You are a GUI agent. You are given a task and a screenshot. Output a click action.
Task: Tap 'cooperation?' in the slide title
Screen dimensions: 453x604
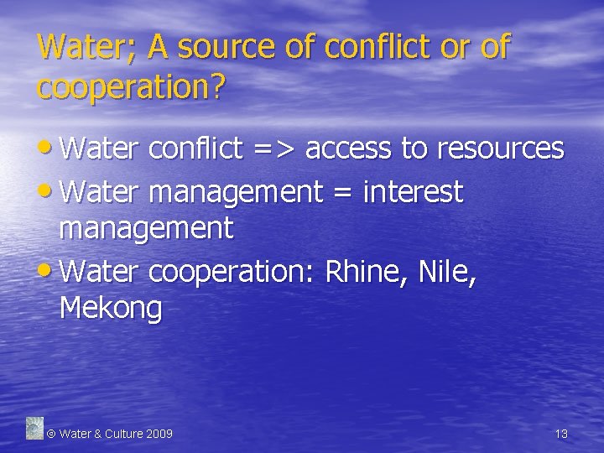point(131,86)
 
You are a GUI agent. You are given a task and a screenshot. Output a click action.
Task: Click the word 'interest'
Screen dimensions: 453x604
point(413,192)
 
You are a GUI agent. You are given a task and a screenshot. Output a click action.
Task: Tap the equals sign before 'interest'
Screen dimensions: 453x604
point(342,193)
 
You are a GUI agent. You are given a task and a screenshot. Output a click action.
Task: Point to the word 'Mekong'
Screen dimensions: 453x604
point(111,309)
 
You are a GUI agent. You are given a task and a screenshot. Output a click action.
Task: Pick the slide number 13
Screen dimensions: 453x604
point(561,434)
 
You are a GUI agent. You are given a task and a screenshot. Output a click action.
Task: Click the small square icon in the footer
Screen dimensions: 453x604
point(34,428)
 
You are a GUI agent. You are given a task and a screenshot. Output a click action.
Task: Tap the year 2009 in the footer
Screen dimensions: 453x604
point(159,434)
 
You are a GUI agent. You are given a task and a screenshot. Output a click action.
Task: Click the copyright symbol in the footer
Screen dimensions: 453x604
point(50,434)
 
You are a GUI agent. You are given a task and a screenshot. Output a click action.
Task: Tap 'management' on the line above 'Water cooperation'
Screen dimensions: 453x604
point(146,228)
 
